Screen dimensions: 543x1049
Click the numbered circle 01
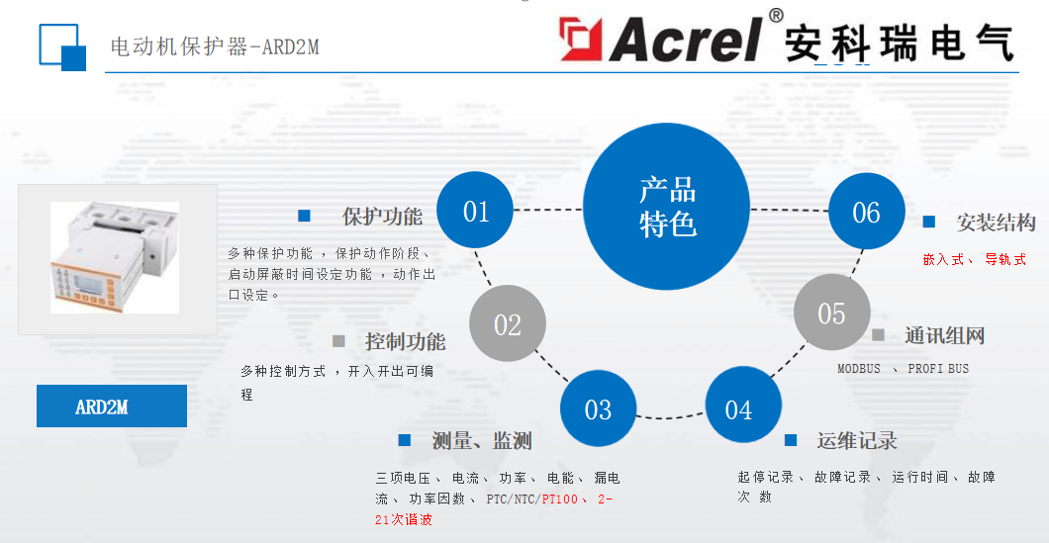476,211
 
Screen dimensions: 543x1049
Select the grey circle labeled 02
507,324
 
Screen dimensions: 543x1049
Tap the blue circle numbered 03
598,409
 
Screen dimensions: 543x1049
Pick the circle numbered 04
739,409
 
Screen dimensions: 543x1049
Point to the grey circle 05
831,314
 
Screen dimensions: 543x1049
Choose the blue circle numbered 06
866,212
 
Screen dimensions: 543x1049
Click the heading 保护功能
382,217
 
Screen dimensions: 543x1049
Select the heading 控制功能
405,342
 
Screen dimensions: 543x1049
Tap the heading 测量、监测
482,440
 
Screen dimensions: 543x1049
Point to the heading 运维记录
857,440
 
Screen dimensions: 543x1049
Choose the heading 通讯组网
944,335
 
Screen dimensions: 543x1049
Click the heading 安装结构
996,223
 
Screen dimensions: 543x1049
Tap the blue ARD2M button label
111,407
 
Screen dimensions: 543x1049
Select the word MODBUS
858,369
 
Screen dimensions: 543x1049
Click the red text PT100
560,499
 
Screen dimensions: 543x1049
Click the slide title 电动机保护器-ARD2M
214,46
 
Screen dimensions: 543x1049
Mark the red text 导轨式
1005,260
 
